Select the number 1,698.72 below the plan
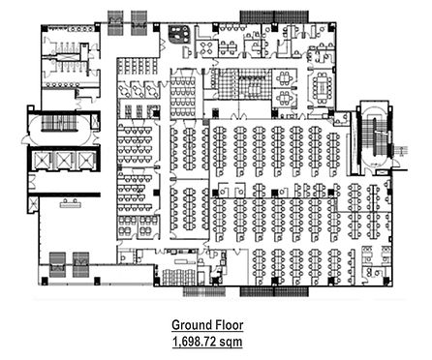point(195,341)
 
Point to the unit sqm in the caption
point(231,342)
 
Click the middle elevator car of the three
point(64,160)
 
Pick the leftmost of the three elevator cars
point(43,160)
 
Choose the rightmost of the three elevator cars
point(85,160)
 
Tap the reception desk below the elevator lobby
point(71,203)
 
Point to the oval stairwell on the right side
point(376,136)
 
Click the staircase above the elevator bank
point(59,123)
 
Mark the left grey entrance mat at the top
point(115,22)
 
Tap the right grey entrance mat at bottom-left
point(80,264)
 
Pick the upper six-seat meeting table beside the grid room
point(285,77)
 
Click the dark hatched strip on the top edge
point(274,16)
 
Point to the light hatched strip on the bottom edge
point(204,291)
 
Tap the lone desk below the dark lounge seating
point(187,52)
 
